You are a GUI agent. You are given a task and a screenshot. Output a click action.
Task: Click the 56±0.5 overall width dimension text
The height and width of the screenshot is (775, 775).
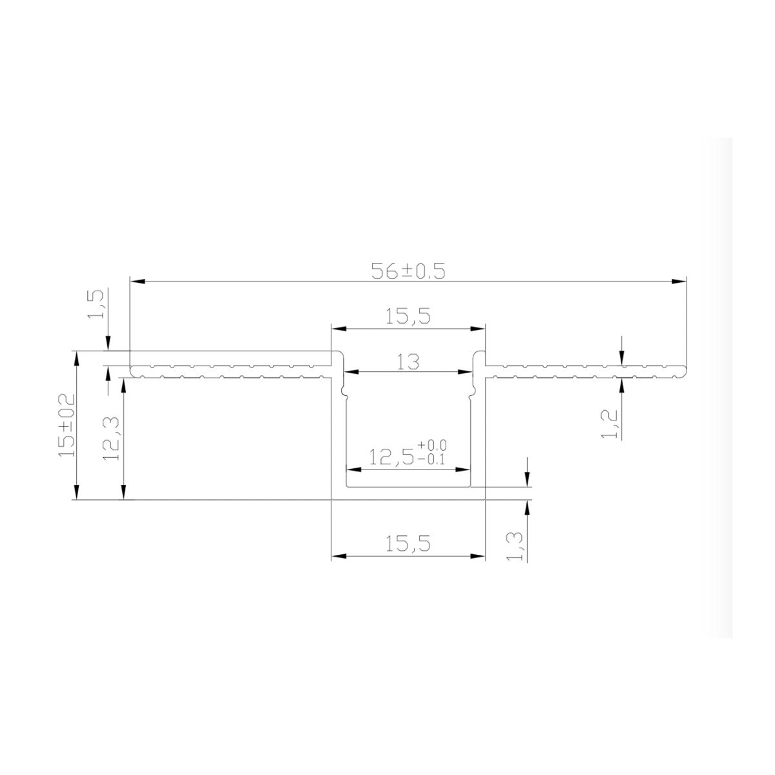coord(408,271)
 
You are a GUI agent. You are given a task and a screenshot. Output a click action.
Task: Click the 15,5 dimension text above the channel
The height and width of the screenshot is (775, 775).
coord(408,316)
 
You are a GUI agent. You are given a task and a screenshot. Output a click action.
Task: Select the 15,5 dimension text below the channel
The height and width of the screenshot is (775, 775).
coord(408,543)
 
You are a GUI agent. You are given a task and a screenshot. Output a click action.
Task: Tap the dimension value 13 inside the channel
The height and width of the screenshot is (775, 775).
coord(408,362)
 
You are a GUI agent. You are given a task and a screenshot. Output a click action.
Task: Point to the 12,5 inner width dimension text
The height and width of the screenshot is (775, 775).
coord(391,457)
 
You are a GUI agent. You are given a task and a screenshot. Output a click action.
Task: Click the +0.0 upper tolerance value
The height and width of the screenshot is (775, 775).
coord(432,445)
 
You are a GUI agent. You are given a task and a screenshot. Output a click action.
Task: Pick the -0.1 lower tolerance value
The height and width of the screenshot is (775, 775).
coord(431,459)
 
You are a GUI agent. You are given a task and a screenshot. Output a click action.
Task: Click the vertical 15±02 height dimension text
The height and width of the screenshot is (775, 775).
coord(67,425)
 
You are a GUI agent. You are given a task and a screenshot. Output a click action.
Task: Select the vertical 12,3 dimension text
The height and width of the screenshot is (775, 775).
coord(111,439)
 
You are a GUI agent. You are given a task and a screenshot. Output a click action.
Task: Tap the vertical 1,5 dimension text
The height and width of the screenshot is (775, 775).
coord(96,304)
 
